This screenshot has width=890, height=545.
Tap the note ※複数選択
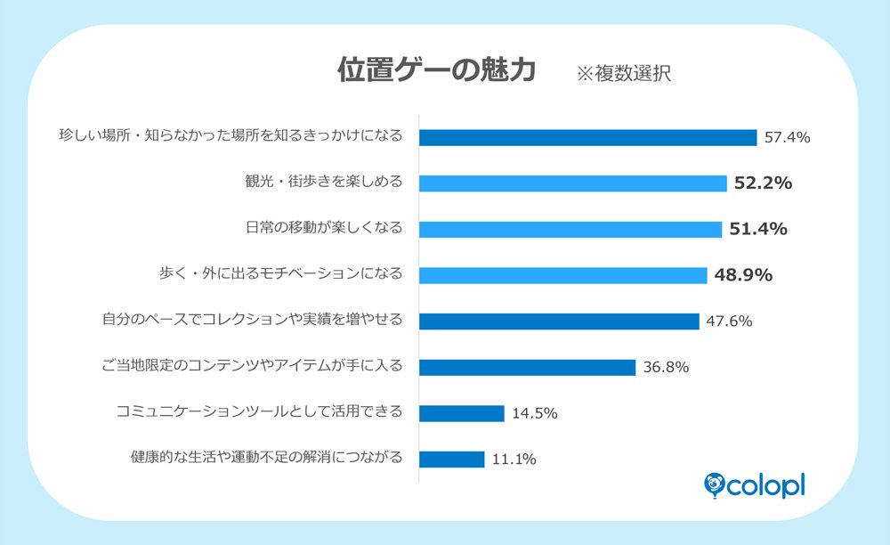tap(623, 73)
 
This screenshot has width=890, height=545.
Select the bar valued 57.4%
tap(587, 137)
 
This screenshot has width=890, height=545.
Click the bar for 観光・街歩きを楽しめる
tap(573, 183)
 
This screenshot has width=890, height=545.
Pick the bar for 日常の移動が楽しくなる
tap(570, 229)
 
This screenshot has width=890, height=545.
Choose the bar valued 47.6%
tap(559, 321)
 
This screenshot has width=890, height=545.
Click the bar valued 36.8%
tap(527, 367)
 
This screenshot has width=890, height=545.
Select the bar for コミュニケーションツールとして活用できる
tap(462, 413)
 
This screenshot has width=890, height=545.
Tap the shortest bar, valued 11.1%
tap(452, 460)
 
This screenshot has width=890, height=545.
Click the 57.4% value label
tap(786, 137)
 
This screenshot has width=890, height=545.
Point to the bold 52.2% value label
tap(763, 183)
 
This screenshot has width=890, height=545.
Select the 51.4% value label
tap(758, 229)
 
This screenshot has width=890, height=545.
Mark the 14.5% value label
tap(535, 413)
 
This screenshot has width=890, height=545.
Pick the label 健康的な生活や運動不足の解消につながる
tap(266, 458)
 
